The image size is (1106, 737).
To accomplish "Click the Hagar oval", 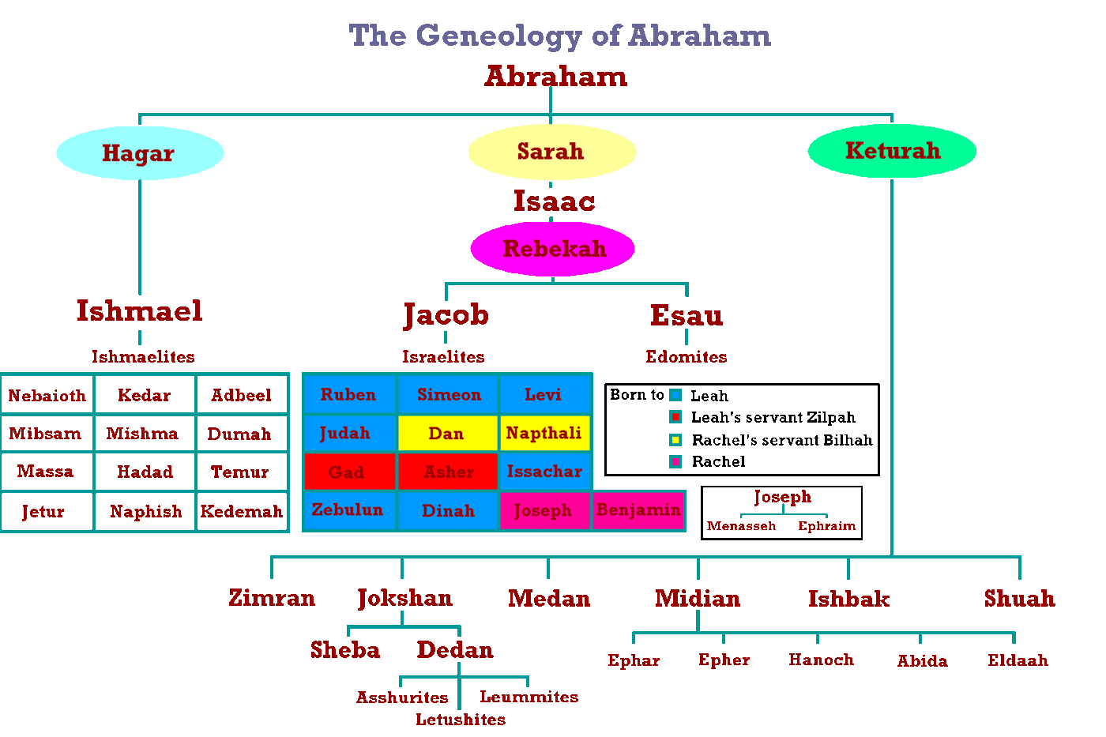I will (139, 153).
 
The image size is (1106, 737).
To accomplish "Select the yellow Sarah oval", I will (551, 151).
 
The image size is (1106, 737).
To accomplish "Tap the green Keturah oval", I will (892, 150).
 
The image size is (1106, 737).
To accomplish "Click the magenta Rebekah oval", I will (553, 249).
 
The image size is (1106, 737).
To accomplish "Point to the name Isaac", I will (554, 201).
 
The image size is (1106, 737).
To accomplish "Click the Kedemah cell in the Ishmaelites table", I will (242, 512).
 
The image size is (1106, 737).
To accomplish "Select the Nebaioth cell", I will (47, 395).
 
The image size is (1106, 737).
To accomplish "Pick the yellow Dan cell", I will (447, 433).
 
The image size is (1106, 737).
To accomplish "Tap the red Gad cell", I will (348, 472).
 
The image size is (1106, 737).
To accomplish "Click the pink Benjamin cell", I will (638, 510).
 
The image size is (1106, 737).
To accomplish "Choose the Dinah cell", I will (448, 511).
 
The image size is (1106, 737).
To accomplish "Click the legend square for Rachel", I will (675, 462).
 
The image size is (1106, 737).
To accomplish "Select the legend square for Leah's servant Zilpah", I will (675, 417).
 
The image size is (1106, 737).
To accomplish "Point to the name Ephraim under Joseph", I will (826, 526).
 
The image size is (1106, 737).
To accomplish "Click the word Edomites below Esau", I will (686, 357).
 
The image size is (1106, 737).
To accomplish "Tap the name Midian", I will (698, 599).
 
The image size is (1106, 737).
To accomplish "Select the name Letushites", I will (461, 720).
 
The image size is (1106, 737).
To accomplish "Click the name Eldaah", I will (1018, 660).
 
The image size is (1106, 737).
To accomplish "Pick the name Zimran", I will (272, 598).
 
